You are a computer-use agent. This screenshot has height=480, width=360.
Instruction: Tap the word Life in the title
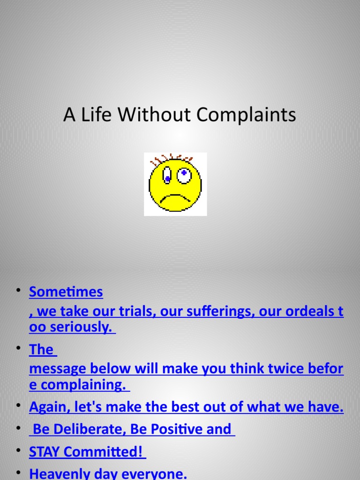tap(91, 115)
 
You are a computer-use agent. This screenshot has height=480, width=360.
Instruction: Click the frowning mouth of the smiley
tap(175, 198)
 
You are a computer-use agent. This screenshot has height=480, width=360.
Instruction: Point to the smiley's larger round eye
tap(184, 175)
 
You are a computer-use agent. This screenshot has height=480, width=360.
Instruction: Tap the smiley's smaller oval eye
tap(167, 177)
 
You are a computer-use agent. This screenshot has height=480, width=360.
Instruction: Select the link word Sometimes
tap(66, 292)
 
